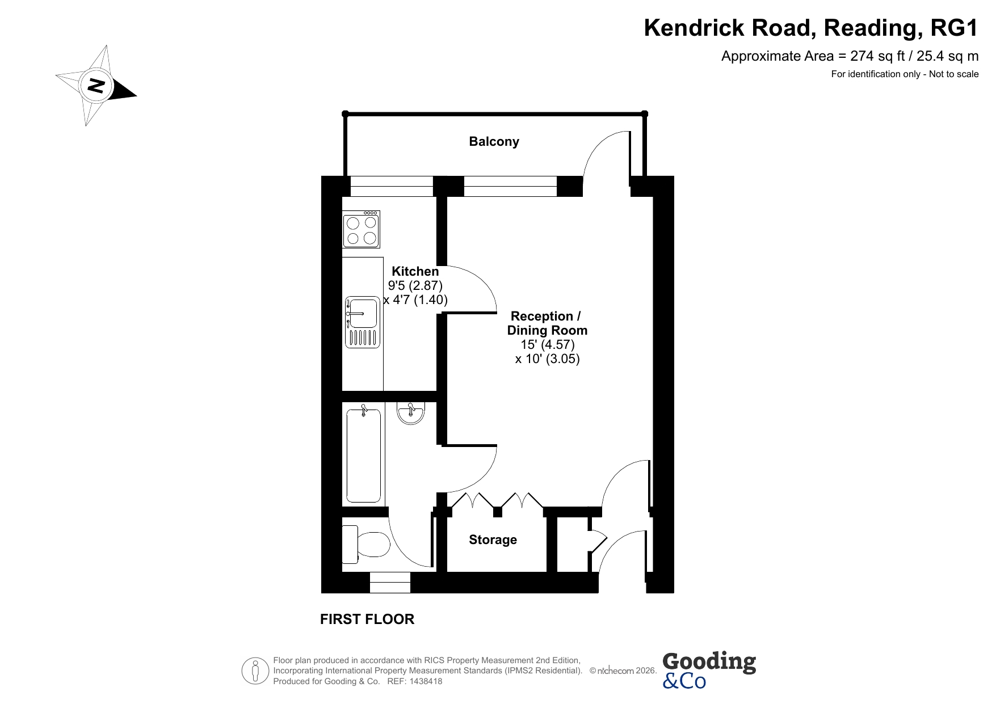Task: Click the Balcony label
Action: coord(494,142)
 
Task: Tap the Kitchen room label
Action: coord(415,272)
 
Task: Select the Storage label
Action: coord(493,540)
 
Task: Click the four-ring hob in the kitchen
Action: coord(362,229)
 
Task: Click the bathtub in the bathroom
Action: coord(364,456)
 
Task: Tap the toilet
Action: coord(366,544)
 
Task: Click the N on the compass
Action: coord(95,86)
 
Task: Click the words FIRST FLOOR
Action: coord(367,619)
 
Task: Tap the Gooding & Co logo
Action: coord(709,670)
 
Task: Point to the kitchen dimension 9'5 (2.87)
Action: coord(415,286)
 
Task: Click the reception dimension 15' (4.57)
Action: coord(548,345)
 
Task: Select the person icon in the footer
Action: coord(255,671)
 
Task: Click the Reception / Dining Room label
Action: coord(547,323)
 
